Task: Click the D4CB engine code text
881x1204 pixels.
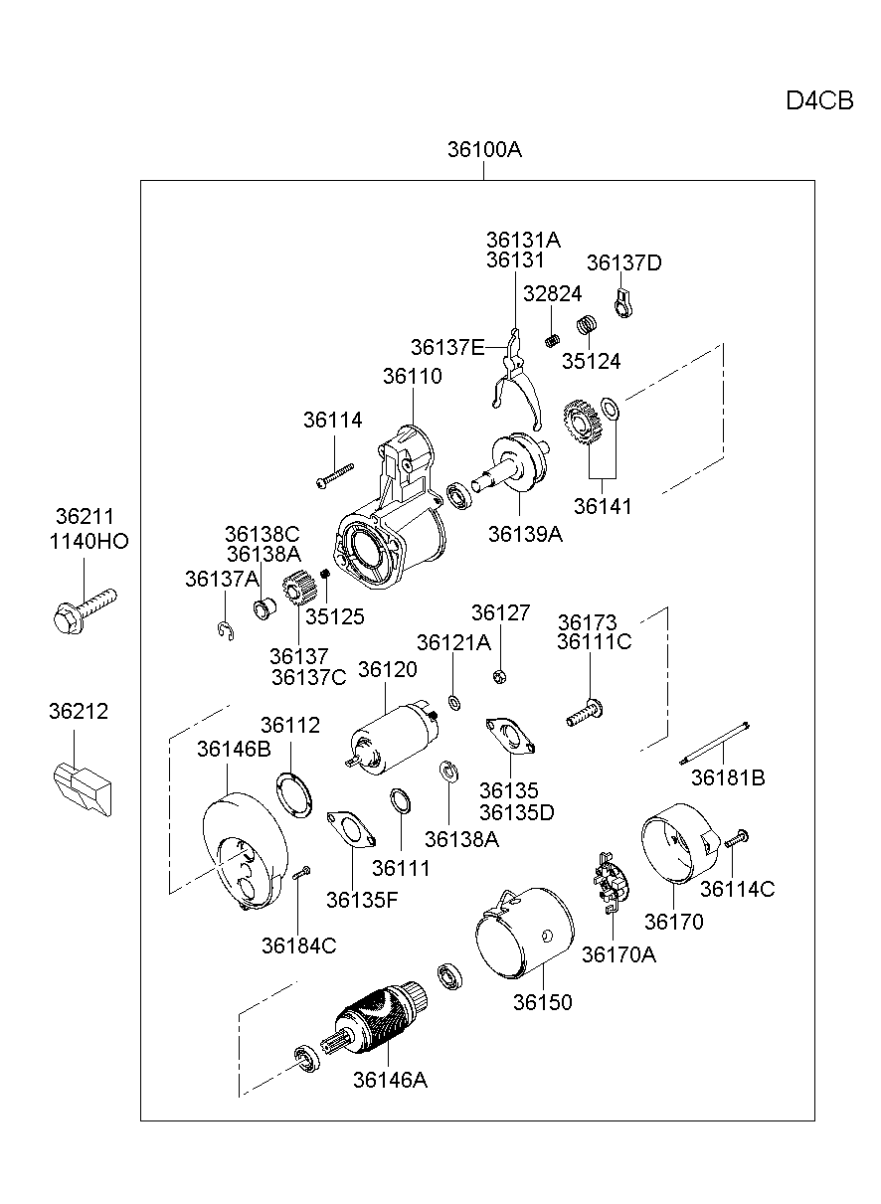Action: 819,101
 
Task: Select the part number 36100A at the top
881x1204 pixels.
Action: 484,150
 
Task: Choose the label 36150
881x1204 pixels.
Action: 543,1002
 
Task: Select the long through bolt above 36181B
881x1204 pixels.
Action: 714,744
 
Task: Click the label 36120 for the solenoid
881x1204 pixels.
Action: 388,670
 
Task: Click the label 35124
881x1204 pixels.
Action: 591,361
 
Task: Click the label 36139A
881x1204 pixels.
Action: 525,534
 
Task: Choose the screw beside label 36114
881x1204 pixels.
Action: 334,474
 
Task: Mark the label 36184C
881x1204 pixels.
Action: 298,946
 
